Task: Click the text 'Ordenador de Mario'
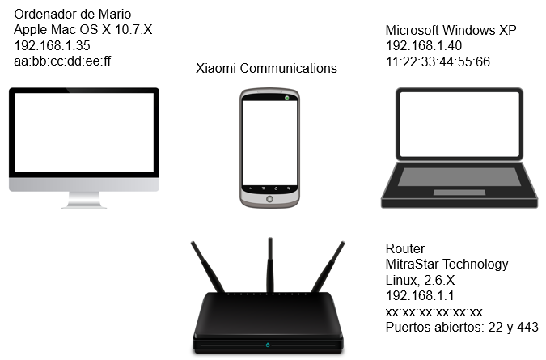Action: (x=73, y=15)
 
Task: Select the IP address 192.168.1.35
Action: (x=53, y=45)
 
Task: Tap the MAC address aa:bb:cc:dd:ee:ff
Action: (x=62, y=61)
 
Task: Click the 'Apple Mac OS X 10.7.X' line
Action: (x=83, y=30)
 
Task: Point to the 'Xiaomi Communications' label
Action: (x=266, y=68)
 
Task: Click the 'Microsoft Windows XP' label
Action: (x=451, y=30)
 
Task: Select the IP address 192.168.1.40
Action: (x=424, y=45)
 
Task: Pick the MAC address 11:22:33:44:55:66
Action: (x=438, y=62)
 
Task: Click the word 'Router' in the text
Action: (x=405, y=248)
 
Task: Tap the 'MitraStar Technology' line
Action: (x=447, y=265)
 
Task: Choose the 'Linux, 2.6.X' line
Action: (x=420, y=280)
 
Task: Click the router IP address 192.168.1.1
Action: (x=420, y=296)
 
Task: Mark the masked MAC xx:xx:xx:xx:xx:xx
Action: (x=434, y=312)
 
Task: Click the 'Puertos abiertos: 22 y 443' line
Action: (x=462, y=328)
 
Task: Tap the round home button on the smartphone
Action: (x=269, y=199)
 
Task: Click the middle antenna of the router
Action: (x=270, y=265)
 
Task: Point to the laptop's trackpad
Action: (x=459, y=193)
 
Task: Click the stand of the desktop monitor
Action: (x=84, y=200)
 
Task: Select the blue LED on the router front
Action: (x=268, y=345)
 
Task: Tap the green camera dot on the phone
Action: (x=287, y=98)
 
